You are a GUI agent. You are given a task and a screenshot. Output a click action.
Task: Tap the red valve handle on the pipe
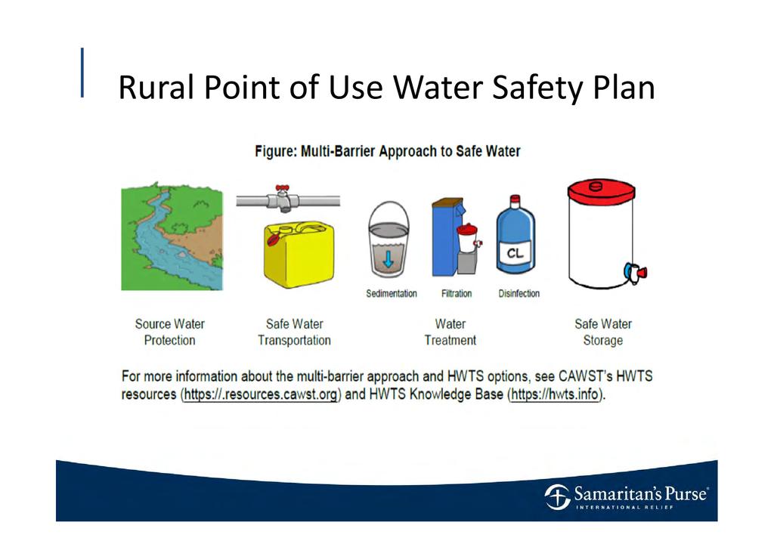283,188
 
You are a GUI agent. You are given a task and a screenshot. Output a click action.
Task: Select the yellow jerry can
299,254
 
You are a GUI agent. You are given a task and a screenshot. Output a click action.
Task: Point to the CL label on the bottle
515,253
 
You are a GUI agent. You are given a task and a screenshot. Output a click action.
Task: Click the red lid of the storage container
601,191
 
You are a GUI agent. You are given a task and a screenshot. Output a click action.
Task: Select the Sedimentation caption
392,293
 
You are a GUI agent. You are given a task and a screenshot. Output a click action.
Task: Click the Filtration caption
457,293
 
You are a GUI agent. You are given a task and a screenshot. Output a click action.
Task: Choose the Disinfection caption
519,293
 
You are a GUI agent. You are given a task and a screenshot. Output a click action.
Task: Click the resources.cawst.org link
261,394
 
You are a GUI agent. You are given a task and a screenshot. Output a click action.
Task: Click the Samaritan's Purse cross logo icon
557,496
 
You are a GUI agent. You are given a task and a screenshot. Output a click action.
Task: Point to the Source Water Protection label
170,332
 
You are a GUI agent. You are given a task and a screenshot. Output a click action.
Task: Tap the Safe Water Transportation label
294,332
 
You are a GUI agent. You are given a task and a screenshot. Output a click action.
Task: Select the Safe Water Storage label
603,332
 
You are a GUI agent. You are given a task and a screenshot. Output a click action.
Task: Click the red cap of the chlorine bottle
515,199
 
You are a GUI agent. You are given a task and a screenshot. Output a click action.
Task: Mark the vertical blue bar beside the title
82,73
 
